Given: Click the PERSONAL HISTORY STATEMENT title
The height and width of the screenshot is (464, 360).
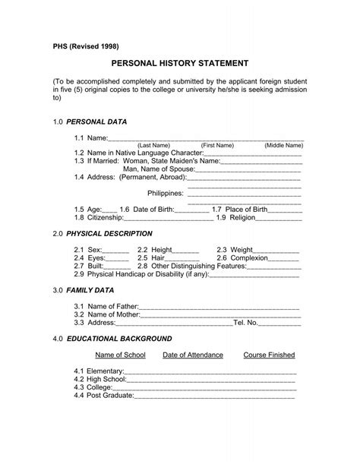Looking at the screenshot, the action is tap(180, 66).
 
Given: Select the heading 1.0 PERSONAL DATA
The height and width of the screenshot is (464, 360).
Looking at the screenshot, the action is tap(90, 122).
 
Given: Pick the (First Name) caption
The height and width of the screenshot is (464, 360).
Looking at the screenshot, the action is tap(217, 144).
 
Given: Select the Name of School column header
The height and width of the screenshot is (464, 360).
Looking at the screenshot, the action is tap(119, 355).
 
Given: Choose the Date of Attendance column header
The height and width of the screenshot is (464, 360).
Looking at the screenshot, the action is tap(193, 355).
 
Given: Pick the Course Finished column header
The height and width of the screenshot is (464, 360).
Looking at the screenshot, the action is tap(269, 355).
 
